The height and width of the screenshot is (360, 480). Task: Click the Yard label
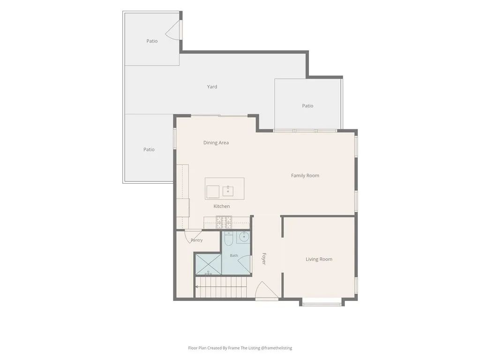tap(212, 87)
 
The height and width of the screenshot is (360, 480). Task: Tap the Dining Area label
tap(216, 142)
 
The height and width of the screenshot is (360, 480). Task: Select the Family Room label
tap(305, 175)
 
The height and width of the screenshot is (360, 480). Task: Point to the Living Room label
tap(319, 259)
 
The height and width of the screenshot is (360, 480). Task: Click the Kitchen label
tap(221, 206)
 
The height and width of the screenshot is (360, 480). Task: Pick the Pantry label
tap(196, 240)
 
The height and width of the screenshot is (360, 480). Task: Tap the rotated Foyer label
tap(264, 259)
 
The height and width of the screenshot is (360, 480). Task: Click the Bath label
tap(234, 255)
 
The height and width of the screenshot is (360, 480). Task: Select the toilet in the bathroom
tap(229, 239)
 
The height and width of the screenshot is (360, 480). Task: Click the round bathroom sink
tap(244, 237)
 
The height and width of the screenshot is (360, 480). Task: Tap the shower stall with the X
tap(208, 264)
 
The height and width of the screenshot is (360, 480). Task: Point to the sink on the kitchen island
tap(228, 191)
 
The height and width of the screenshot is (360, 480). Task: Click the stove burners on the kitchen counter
tap(224, 222)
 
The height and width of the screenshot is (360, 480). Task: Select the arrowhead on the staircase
tap(197, 287)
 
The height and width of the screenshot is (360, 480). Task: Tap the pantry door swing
tap(192, 236)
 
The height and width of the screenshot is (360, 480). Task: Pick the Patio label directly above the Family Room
tap(307, 106)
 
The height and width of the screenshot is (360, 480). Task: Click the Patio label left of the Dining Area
tap(149, 150)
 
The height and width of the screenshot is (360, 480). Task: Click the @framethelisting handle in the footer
tap(277, 348)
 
